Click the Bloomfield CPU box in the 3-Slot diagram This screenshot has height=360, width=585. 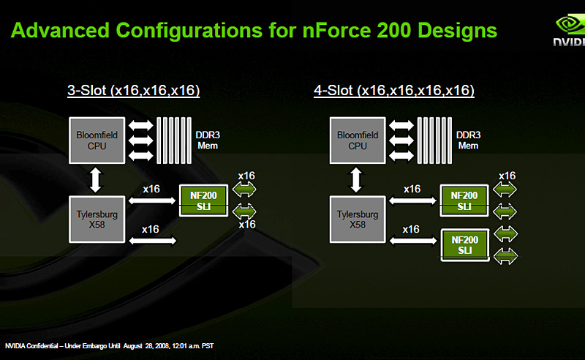(x=91, y=140)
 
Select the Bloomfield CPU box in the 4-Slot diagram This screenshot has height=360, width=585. (x=358, y=140)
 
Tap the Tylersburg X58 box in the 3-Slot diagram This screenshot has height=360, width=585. (x=91, y=220)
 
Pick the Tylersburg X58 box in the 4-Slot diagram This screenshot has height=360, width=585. (x=358, y=220)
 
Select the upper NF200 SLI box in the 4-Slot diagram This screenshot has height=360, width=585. (x=465, y=201)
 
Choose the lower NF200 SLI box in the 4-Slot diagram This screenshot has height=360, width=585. (x=465, y=244)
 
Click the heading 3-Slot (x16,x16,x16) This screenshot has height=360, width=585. (x=134, y=91)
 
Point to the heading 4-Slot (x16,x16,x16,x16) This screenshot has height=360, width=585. (x=394, y=91)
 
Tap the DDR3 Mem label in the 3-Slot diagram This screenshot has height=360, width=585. (x=207, y=140)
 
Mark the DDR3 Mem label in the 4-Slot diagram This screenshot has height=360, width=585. (x=468, y=140)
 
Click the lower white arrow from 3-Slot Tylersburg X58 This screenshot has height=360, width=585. (x=151, y=240)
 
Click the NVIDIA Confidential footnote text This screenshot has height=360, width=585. (x=109, y=345)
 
